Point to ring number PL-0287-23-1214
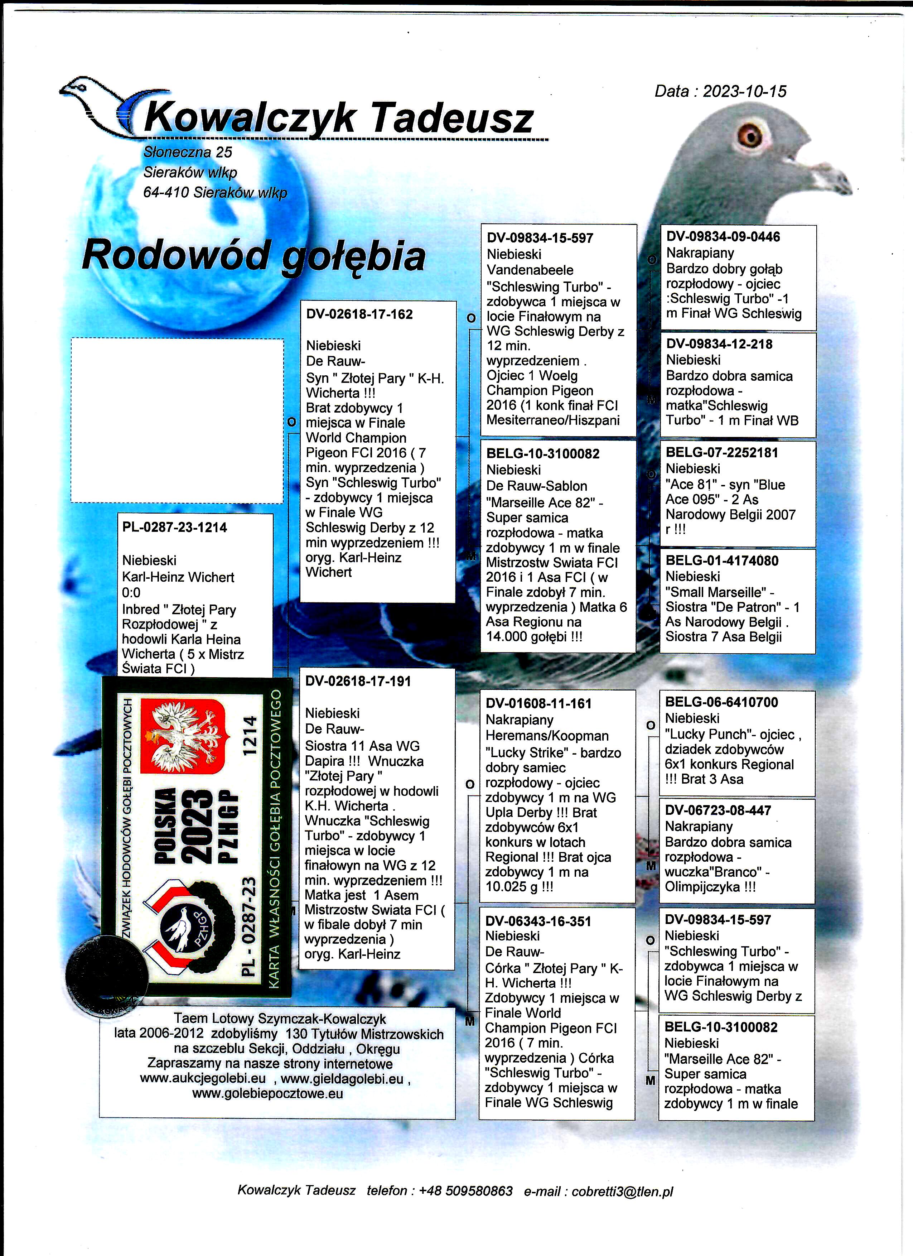(174, 527)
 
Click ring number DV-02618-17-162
(359, 314)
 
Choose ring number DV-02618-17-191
(358, 681)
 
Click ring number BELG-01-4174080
(721, 560)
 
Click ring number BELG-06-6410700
(721, 702)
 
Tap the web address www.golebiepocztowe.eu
(267, 1094)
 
